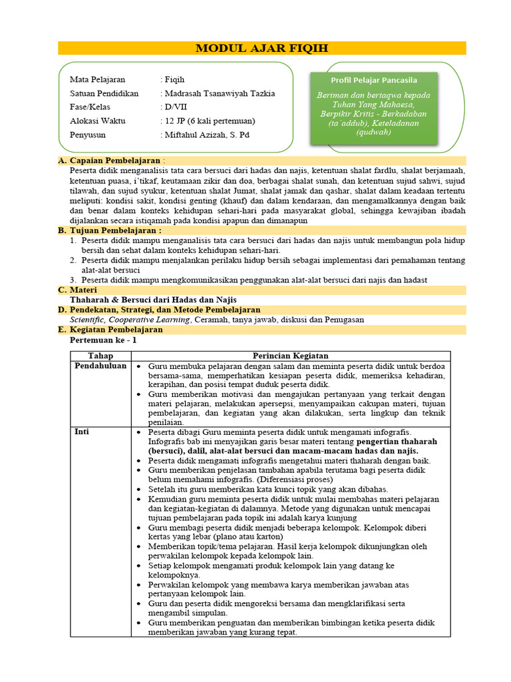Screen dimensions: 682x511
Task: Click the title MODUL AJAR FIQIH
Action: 261,48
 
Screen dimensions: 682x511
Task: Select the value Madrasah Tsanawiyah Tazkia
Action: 220,93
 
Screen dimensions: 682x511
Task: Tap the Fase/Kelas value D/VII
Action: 176,107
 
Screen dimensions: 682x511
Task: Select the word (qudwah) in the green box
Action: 373,132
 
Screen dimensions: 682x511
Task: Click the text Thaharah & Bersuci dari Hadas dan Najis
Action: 153,300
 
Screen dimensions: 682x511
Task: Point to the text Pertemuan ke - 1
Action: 103,340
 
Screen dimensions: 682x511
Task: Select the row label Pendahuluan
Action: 100,366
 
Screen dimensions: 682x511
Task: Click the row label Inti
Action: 82,432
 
